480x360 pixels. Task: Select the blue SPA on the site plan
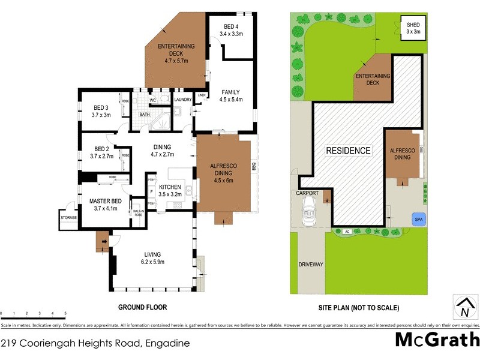(x=416, y=220)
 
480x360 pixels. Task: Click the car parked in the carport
(x=309, y=211)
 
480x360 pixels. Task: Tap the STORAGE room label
(x=68, y=217)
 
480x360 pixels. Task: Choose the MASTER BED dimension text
(x=106, y=209)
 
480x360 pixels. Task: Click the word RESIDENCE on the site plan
(x=348, y=151)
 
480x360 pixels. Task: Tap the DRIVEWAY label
(x=311, y=264)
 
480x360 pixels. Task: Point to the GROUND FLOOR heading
(x=143, y=307)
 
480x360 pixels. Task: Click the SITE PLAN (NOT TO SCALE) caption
(x=359, y=307)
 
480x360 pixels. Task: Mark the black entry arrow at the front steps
(x=104, y=242)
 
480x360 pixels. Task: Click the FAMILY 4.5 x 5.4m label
(x=230, y=96)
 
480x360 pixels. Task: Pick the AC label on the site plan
(x=347, y=232)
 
